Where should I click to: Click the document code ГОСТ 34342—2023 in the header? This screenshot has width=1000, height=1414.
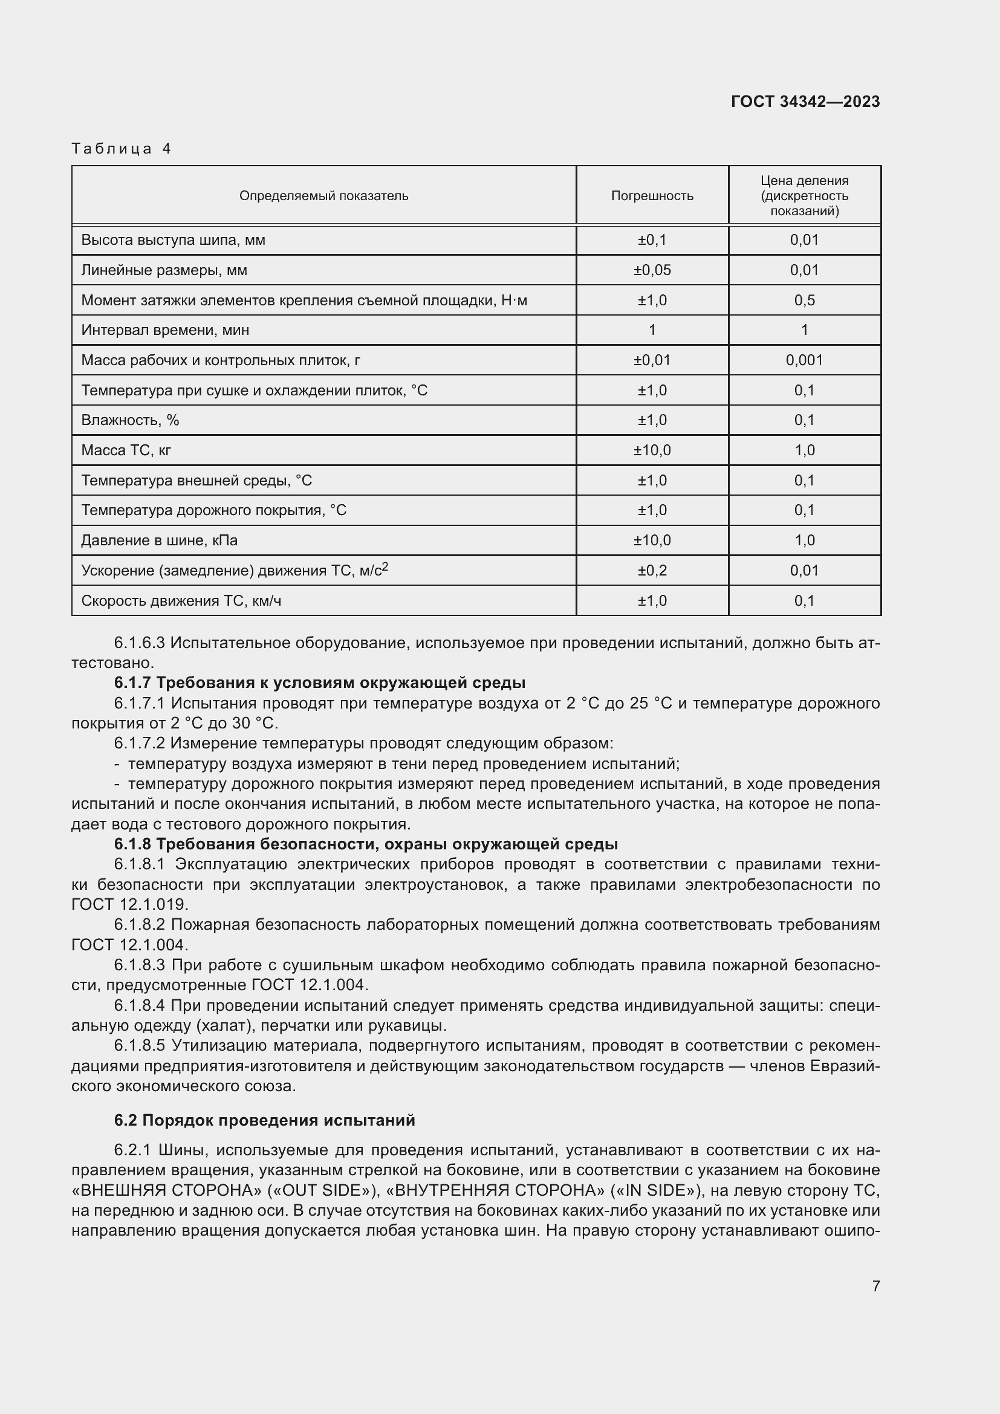[x=805, y=102]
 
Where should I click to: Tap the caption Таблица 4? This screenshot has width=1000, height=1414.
[x=122, y=149]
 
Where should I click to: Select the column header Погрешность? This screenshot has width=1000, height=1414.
[x=652, y=196]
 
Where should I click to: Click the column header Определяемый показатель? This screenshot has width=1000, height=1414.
[x=323, y=196]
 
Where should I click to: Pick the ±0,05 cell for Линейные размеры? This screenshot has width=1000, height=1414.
[x=652, y=270]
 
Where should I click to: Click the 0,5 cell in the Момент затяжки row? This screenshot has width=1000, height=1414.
[x=804, y=300]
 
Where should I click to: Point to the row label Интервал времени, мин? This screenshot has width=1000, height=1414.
[x=165, y=330]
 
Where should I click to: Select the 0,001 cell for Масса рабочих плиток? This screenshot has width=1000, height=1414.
[x=804, y=360]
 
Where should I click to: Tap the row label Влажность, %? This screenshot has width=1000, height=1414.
[x=130, y=420]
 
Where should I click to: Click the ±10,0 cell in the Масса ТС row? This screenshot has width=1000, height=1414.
[x=652, y=450]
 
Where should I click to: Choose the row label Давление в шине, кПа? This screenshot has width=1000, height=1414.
[x=159, y=540]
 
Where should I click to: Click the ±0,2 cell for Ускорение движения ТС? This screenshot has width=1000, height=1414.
[x=652, y=571]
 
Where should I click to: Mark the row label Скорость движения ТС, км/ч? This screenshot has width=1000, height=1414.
[x=181, y=601]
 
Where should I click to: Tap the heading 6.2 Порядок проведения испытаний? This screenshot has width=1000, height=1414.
[x=264, y=1120]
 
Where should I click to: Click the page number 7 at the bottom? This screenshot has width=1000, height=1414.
[x=875, y=1286]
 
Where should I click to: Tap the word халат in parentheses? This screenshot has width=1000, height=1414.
[x=224, y=1026]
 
